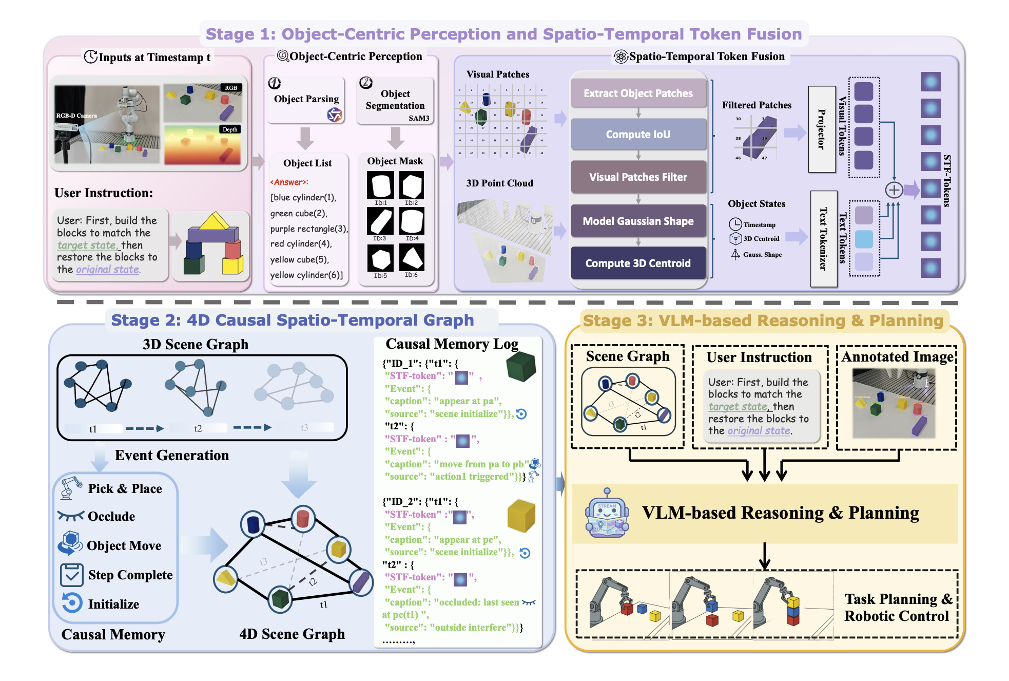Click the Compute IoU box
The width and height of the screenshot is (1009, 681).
[x=638, y=135]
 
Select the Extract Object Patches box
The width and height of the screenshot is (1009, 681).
[x=638, y=93]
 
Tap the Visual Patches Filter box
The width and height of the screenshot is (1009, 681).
[x=638, y=177]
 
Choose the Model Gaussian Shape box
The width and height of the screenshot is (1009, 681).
[x=638, y=221]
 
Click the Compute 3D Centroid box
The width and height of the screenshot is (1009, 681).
[x=638, y=263]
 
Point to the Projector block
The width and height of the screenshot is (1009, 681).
[x=822, y=129]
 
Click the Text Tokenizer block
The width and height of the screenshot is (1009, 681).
[x=823, y=239]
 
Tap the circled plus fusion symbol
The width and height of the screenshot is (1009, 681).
[x=894, y=190]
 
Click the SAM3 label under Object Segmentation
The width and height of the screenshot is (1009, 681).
[x=419, y=118]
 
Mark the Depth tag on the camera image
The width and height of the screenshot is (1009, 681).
[x=230, y=129]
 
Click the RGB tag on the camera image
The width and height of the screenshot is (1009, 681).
[x=231, y=88]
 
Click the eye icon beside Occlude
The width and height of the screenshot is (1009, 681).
[x=70, y=516]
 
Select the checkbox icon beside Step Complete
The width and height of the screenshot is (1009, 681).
[x=72, y=575]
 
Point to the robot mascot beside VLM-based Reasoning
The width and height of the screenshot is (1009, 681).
[x=607, y=513]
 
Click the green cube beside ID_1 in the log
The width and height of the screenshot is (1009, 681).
[x=521, y=367]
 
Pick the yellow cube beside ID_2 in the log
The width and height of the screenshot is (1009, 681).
[x=521, y=516]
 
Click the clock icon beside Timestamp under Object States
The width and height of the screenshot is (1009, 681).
[x=735, y=224]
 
